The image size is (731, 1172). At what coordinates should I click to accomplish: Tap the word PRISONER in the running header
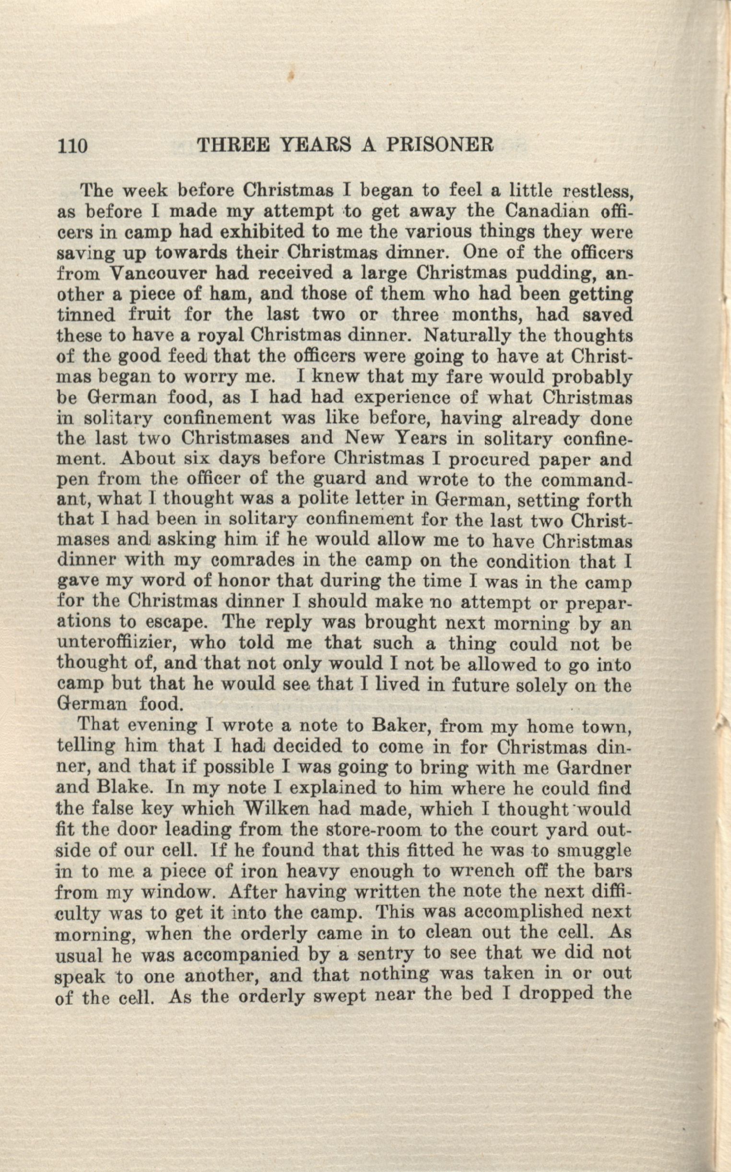point(439,144)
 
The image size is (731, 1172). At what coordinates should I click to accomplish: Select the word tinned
point(86,315)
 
